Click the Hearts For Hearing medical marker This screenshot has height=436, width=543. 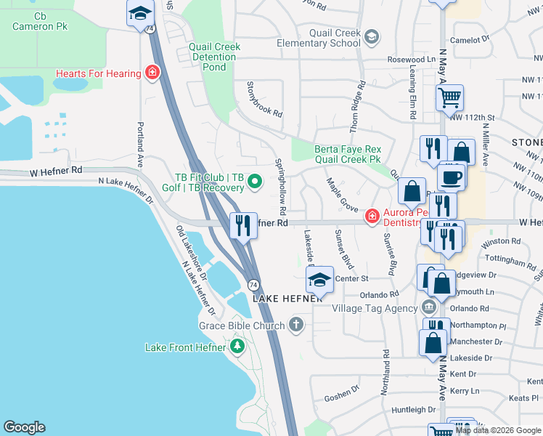click(152, 73)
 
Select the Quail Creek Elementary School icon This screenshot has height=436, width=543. click(372, 37)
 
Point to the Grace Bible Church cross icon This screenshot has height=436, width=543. click(295, 325)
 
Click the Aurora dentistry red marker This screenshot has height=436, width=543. click(372, 216)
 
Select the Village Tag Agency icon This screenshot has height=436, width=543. click(426, 307)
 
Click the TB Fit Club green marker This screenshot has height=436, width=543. click(254, 182)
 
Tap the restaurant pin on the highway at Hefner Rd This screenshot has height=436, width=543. click(242, 225)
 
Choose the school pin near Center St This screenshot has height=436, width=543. click(319, 279)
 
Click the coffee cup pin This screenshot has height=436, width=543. click(451, 177)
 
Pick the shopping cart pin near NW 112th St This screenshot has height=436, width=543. click(449, 97)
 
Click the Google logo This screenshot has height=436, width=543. click(24, 427)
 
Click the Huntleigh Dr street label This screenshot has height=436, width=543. click(412, 410)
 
